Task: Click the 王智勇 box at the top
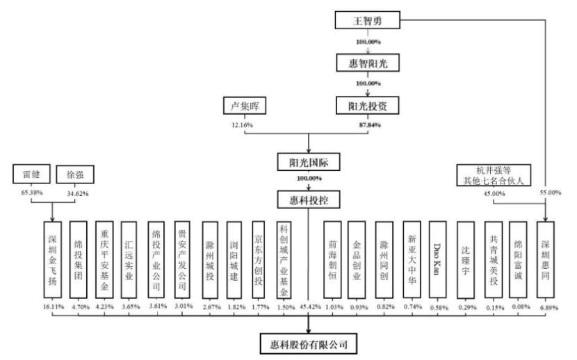(367, 20)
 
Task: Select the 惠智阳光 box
(368, 63)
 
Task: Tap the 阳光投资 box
(368, 106)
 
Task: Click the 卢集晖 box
(245, 106)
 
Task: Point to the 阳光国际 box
(309, 162)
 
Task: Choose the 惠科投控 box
(309, 199)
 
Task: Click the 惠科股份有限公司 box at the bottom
(309, 344)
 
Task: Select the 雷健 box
(31, 174)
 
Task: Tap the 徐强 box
(75, 174)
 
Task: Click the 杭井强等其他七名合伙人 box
(494, 175)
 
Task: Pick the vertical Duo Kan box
(437, 260)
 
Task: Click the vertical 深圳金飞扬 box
(53, 260)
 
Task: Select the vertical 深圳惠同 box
(545, 260)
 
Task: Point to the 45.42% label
(310, 306)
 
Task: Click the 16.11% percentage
(53, 306)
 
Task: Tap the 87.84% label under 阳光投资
(370, 125)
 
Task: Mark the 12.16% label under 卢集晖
(242, 125)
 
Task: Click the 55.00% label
(551, 193)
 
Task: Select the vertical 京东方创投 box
(259, 260)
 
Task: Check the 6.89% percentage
(549, 307)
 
